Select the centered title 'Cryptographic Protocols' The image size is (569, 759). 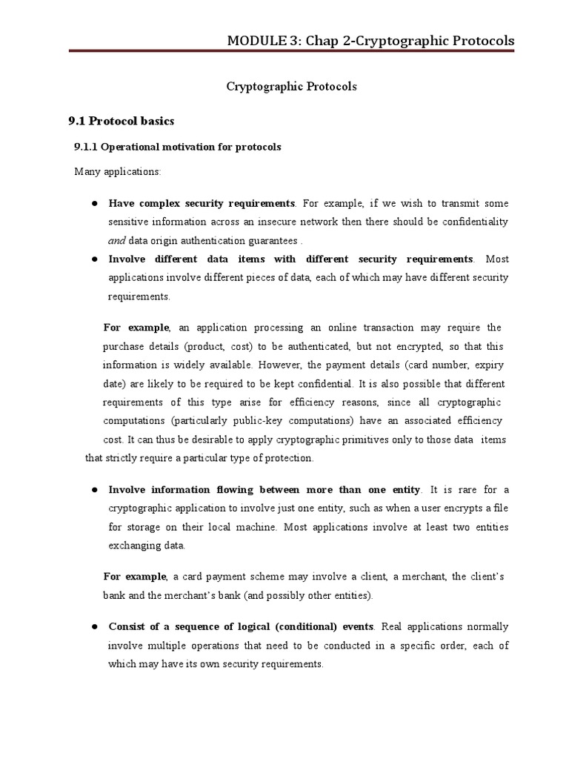(291, 87)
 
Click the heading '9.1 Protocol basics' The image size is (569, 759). (122, 120)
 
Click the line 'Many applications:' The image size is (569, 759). (117, 172)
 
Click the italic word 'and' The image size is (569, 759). (116, 240)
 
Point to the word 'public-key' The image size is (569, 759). (262, 420)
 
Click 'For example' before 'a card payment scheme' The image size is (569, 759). (136, 577)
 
